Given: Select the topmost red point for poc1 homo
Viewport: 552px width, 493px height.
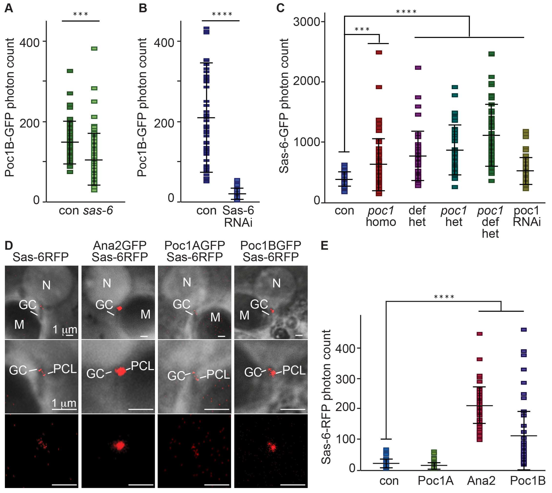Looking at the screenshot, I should pyautogui.click(x=379, y=52).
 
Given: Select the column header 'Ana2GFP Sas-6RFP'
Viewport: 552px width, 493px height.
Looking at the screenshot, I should pyautogui.click(x=119, y=251).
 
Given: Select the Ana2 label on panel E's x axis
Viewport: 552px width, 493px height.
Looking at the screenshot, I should pyautogui.click(x=481, y=480).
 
